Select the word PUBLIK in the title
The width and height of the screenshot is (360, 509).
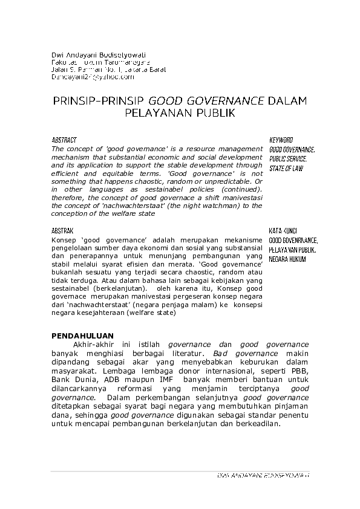[214, 112]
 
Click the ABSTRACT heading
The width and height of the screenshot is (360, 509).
[64, 140]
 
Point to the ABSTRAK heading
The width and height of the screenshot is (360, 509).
[63, 231]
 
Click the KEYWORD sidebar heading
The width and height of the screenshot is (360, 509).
[281, 140]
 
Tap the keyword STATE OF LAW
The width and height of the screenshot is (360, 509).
[286, 169]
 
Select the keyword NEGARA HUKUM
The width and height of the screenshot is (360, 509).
[287, 259]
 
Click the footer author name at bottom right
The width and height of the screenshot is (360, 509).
[263, 476]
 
